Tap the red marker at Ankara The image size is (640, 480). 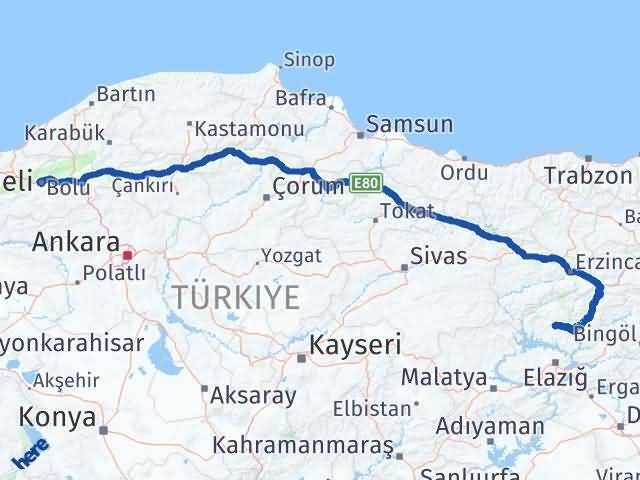point(127,256)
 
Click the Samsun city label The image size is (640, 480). point(409,125)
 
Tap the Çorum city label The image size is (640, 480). point(308,187)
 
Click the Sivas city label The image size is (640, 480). point(439,256)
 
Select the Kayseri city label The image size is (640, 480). point(355,345)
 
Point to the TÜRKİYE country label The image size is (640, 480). point(235,297)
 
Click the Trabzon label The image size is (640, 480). point(581,174)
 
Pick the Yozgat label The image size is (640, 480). point(291,255)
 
